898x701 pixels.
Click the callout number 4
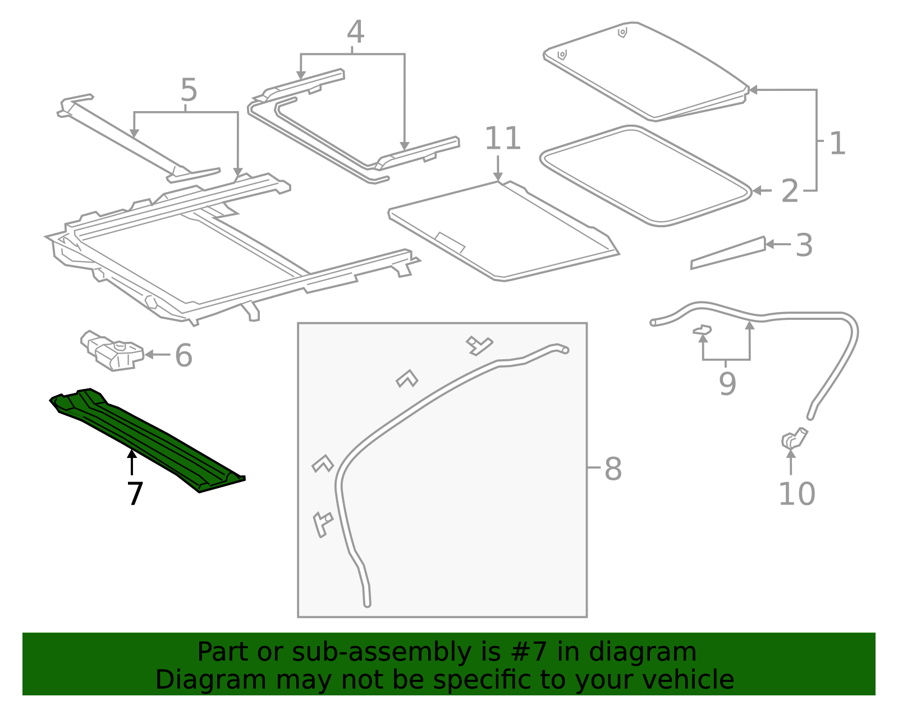[x=355, y=33]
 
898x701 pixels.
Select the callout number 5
[x=189, y=90]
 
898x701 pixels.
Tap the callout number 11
[x=502, y=139]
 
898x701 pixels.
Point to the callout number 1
[x=837, y=144]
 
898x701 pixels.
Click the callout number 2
[x=790, y=192]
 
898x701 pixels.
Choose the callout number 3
[x=804, y=246]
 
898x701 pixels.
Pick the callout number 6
[x=184, y=356]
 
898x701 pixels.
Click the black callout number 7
[x=135, y=494]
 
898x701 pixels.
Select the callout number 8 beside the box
[x=613, y=469]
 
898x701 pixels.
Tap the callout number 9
[x=727, y=384]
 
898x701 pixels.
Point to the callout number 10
[x=796, y=494]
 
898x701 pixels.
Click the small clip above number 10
[x=793, y=438]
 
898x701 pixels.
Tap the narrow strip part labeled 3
[x=729, y=253]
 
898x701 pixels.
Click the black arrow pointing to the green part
[x=132, y=463]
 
